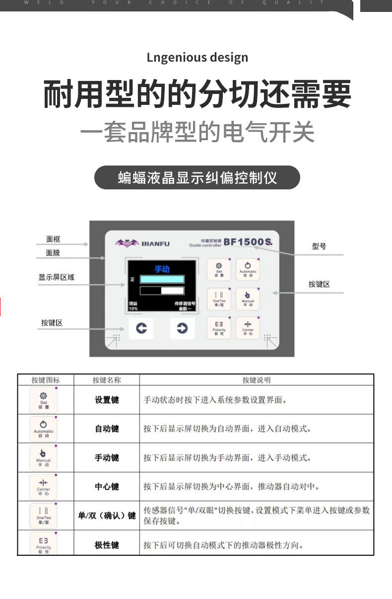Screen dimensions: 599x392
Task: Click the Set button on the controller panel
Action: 219,269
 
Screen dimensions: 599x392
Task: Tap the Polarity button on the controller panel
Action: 219,327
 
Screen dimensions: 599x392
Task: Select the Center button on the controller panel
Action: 248,327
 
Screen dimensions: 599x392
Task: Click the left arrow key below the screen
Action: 141,329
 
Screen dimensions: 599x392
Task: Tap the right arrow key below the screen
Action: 182,329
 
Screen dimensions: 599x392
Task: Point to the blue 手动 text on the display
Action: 162,269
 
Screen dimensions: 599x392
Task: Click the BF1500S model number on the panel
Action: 248,242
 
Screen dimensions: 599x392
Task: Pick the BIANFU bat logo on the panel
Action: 127,243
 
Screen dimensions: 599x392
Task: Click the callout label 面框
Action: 53,239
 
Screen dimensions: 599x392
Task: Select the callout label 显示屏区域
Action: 56,277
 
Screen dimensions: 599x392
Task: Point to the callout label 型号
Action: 319,246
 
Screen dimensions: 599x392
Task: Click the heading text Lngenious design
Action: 197,58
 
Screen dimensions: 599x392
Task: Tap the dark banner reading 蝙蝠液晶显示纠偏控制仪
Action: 197,177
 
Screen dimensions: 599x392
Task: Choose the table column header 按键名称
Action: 106,380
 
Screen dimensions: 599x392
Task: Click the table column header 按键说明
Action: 256,380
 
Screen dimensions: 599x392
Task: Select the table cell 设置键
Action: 107,400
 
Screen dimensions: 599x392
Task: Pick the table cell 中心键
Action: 107,487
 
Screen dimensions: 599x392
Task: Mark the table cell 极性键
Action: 107,545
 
